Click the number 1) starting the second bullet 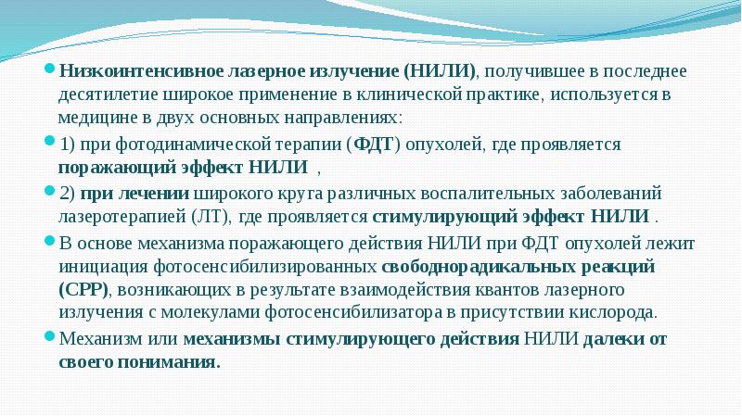pos(69,145)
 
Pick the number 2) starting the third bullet pos(69,194)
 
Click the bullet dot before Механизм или pos(51,338)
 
